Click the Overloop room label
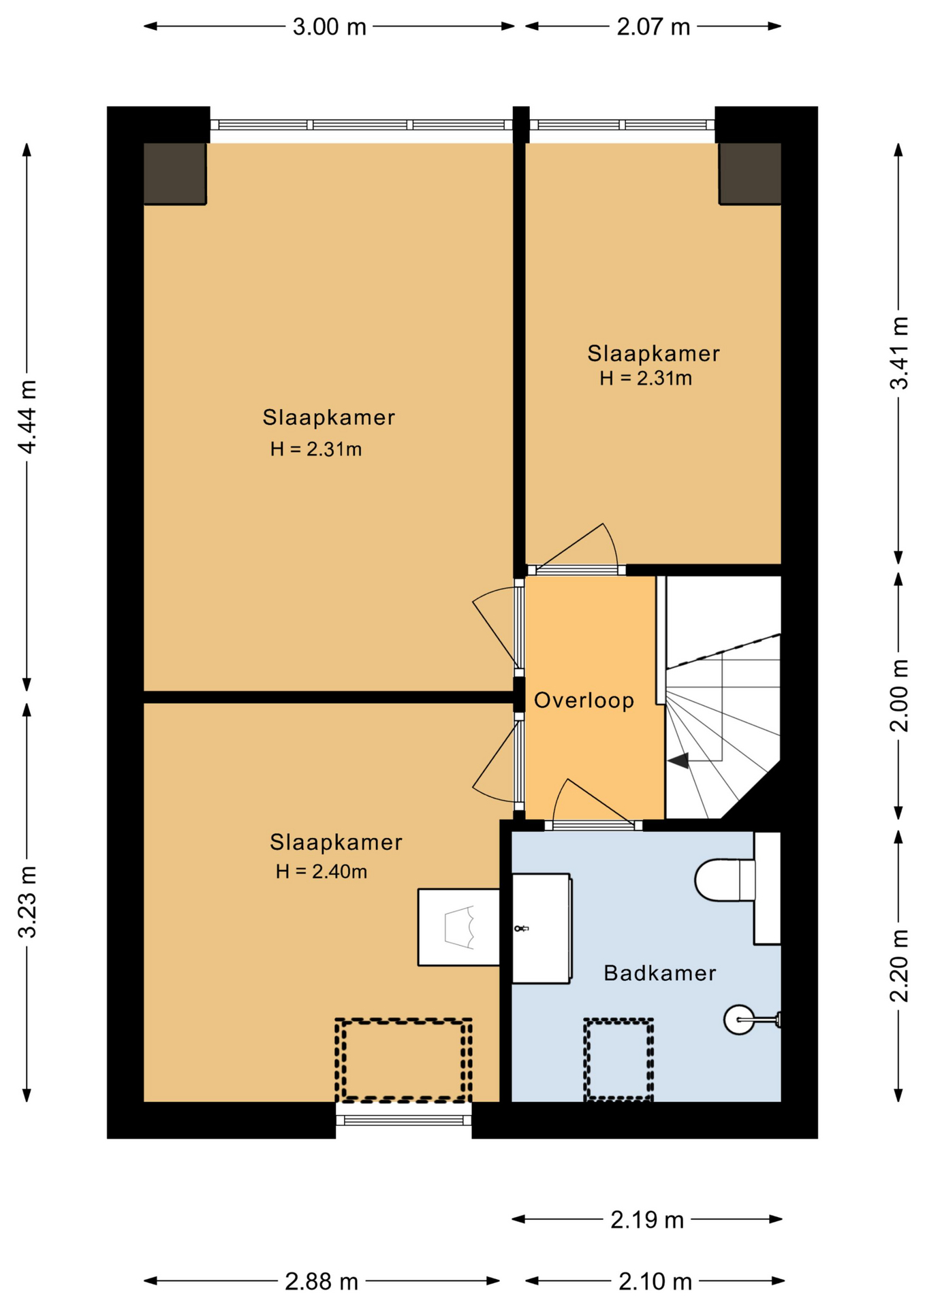pyautogui.click(x=584, y=700)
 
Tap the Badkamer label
pyautogui.click(x=660, y=973)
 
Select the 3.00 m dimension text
pyautogui.click(x=330, y=27)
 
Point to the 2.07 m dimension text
pyautogui.click(x=654, y=27)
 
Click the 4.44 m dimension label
pyautogui.click(x=27, y=417)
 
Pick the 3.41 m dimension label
pyautogui.click(x=899, y=353)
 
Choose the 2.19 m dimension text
pyautogui.click(x=647, y=1220)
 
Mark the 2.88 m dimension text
pyautogui.click(x=322, y=1282)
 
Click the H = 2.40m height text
pyautogui.click(x=322, y=871)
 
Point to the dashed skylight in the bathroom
pyautogui.click(x=618, y=1059)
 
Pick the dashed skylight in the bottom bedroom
pyautogui.click(x=403, y=1060)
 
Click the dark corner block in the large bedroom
pyautogui.click(x=175, y=174)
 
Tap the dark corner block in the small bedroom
pyautogui.click(x=750, y=174)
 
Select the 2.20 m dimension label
pyautogui.click(x=899, y=965)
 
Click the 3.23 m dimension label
pyautogui.click(x=27, y=902)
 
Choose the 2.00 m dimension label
pyautogui.click(x=899, y=695)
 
